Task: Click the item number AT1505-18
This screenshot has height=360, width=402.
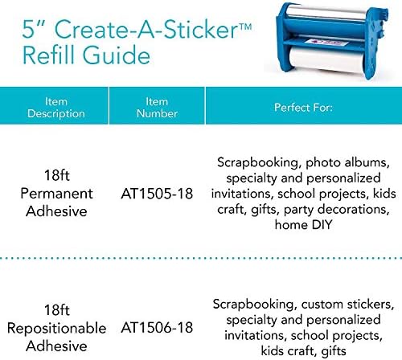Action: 157,194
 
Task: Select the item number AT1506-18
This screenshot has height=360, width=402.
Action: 157,328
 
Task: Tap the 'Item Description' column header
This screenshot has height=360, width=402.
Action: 56,108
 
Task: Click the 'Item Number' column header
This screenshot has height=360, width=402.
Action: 157,108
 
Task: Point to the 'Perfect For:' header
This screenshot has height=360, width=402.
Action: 303,108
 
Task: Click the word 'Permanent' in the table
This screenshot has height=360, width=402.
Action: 56,194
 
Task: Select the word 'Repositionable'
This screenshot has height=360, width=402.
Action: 56,329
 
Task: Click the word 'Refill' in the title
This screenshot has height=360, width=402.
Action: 49,55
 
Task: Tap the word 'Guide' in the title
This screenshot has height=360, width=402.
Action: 117,55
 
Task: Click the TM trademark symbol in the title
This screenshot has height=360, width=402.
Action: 244,27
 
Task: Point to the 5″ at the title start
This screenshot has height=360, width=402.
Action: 33,29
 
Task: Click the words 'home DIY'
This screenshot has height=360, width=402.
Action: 303,224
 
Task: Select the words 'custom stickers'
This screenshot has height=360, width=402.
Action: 347,305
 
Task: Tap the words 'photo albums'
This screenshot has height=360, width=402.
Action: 347,162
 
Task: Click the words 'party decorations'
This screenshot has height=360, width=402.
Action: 336,210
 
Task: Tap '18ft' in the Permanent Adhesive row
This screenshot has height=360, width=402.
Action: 57,175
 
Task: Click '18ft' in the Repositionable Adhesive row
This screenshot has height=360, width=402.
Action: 57,310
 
